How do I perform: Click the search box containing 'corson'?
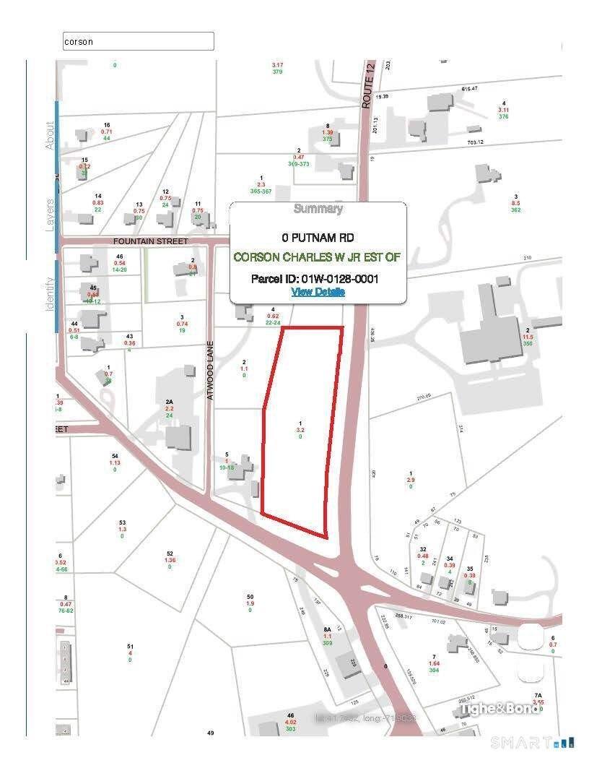tap(139, 41)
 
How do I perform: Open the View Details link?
tap(318, 292)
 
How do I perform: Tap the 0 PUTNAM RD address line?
tap(318, 237)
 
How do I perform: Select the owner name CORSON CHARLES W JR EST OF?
tap(318, 257)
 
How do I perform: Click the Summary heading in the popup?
tap(318, 210)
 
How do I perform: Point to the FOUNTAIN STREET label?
tap(150, 241)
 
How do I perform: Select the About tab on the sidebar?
tap(51, 135)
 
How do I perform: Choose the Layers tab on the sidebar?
tap(51, 215)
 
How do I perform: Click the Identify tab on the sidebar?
tap(51, 294)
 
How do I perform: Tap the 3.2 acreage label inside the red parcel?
tap(300, 430)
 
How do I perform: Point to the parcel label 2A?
tap(169, 402)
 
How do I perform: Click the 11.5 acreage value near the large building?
tap(528, 337)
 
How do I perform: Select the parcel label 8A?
tap(327, 629)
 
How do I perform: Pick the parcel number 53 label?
tap(122, 522)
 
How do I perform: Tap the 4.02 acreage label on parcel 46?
tap(291, 722)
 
